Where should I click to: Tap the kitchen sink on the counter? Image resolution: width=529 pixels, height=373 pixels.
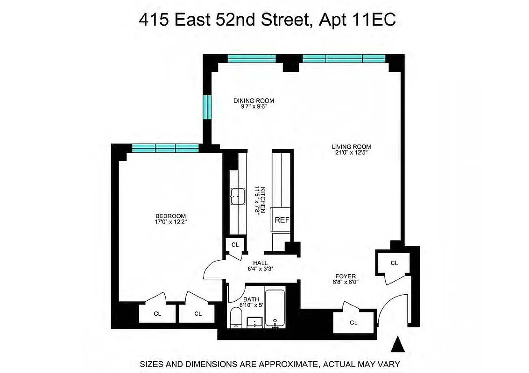pyautogui.click(x=238, y=196)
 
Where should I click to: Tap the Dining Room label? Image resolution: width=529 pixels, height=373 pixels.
pyautogui.click(x=254, y=100)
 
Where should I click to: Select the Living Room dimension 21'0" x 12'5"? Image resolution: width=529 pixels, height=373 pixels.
pyautogui.click(x=351, y=153)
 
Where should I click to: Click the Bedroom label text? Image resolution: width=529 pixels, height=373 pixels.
pyautogui.click(x=170, y=216)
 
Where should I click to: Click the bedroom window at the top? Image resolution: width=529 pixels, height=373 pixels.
pyautogui.click(x=165, y=148)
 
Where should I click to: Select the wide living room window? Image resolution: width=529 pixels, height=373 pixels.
pyautogui.click(x=344, y=58)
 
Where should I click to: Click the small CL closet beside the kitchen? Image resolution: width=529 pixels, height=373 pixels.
pyautogui.click(x=235, y=244)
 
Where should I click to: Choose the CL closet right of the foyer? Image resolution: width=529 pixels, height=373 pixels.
pyautogui.click(x=394, y=263)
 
